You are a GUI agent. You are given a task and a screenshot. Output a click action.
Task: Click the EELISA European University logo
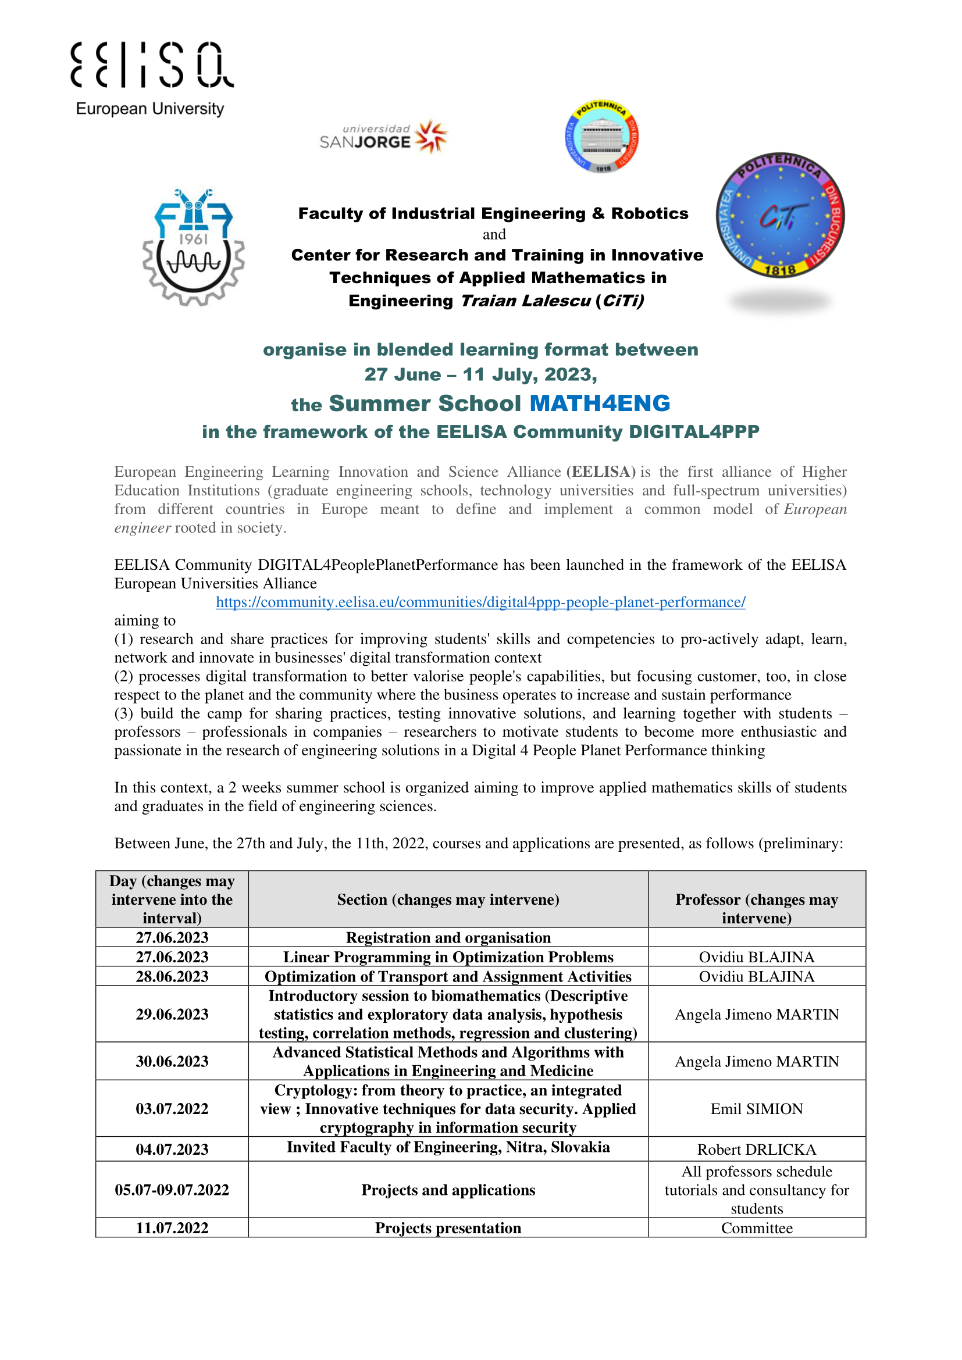152,78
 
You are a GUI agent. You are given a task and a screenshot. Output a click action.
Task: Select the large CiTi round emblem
780,216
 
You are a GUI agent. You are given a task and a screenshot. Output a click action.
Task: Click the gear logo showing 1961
193,248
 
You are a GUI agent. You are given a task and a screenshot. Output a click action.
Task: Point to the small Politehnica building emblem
602,137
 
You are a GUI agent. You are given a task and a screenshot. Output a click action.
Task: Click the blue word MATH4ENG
600,404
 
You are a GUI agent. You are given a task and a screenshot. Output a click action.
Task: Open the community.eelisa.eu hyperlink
480,602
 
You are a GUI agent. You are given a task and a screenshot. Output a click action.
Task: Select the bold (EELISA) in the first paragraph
601,472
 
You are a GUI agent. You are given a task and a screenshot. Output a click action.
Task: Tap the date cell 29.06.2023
172,1014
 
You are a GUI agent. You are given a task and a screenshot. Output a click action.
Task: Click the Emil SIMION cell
757,1109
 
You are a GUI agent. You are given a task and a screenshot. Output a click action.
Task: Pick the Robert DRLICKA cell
757,1150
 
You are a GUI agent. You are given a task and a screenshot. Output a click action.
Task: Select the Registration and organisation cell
448,938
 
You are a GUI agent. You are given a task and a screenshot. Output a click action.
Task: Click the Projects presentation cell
448,1228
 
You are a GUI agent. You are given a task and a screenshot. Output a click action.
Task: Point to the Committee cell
757,1228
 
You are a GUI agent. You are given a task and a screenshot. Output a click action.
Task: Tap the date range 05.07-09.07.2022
172,1190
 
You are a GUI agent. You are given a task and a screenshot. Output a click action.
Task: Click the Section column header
448,899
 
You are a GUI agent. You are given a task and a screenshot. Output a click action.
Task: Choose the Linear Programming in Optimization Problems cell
448,957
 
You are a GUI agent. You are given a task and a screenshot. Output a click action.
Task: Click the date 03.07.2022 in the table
172,1109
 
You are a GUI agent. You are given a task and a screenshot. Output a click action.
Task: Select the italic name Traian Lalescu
525,301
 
